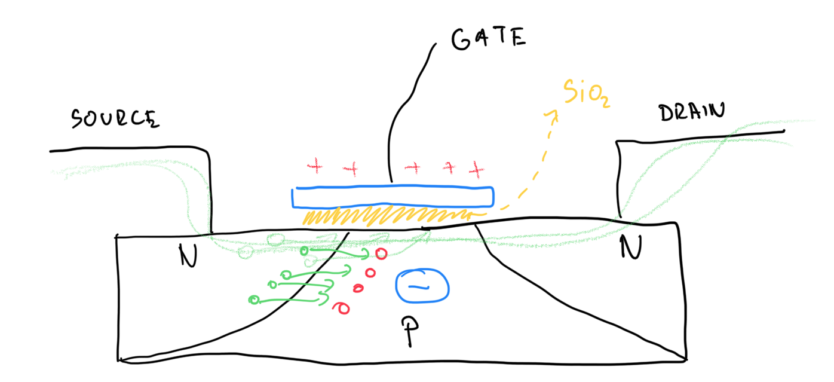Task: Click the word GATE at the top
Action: click(489, 39)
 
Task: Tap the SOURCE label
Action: click(115, 118)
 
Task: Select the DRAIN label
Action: click(692, 112)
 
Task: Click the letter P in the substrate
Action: click(410, 331)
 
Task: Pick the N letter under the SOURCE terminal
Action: click(188, 258)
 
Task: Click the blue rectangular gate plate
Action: click(393, 197)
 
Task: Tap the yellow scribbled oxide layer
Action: click(388, 216)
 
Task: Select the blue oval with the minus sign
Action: click(423, 286)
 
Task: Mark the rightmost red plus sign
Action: click(476, 170)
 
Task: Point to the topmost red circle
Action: click(381, 254)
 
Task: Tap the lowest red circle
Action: click(343, 308)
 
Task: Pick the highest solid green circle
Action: click(304, 250)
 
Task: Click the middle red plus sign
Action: click(412, 168)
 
